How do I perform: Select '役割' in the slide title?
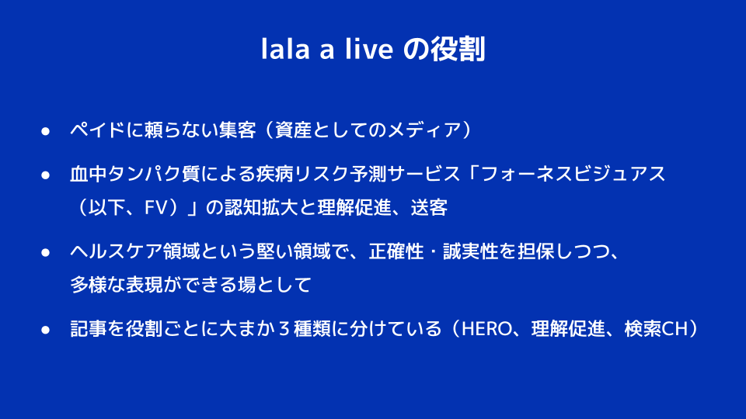point(458,49)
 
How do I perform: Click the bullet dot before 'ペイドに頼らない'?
point(46,131)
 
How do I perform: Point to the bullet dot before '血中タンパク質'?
point(46,175)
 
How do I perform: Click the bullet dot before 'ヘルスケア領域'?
point(46,253)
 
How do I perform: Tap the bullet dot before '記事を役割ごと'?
point(46,330)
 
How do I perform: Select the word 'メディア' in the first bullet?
point(424,130)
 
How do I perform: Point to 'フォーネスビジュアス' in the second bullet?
point(573,174)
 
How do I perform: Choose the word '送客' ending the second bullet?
point(429,208)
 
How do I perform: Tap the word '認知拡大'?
point(261,208)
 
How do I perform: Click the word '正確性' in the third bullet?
point(396,251)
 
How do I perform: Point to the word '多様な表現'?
point(117,285)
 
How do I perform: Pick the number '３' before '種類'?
point(284,329)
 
